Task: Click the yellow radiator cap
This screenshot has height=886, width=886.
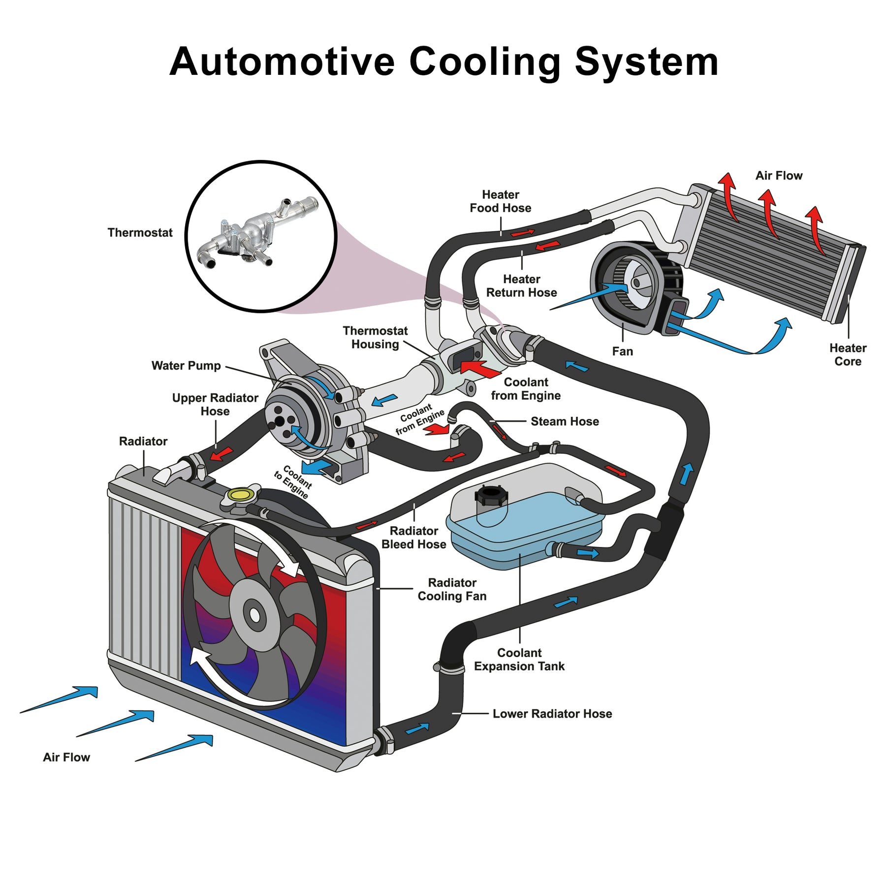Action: pos(240,494)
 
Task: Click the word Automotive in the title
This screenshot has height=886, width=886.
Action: pos(282,62)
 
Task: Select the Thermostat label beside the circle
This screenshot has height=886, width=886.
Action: pos(140,232)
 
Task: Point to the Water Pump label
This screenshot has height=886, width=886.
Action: pos(186,365)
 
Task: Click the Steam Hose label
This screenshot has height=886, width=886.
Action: pos(565,421)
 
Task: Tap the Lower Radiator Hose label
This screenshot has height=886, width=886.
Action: pos(552,714)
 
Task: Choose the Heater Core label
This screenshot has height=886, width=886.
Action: pos(848,354)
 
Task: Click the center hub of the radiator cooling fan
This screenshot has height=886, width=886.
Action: pos(254,615)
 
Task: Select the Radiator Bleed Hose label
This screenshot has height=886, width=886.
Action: pos(413,538)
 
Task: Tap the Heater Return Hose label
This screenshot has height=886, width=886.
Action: pos(521,285)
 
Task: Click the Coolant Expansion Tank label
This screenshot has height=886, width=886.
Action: pos(519,660)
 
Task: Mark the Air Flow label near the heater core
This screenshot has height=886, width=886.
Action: pos(779,175)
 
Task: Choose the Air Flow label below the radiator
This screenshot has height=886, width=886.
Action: pos(66,757)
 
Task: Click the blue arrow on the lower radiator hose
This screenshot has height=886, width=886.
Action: pos(417,728)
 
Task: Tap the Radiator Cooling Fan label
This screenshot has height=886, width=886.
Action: pos(452,589)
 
